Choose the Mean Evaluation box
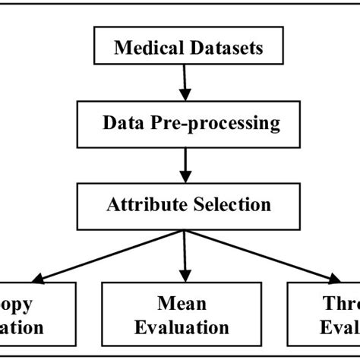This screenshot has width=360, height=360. point(182,315)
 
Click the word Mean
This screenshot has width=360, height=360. point(182,304)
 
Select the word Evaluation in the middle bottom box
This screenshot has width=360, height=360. point(182,327)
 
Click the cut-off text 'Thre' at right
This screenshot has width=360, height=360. point(338,304)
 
